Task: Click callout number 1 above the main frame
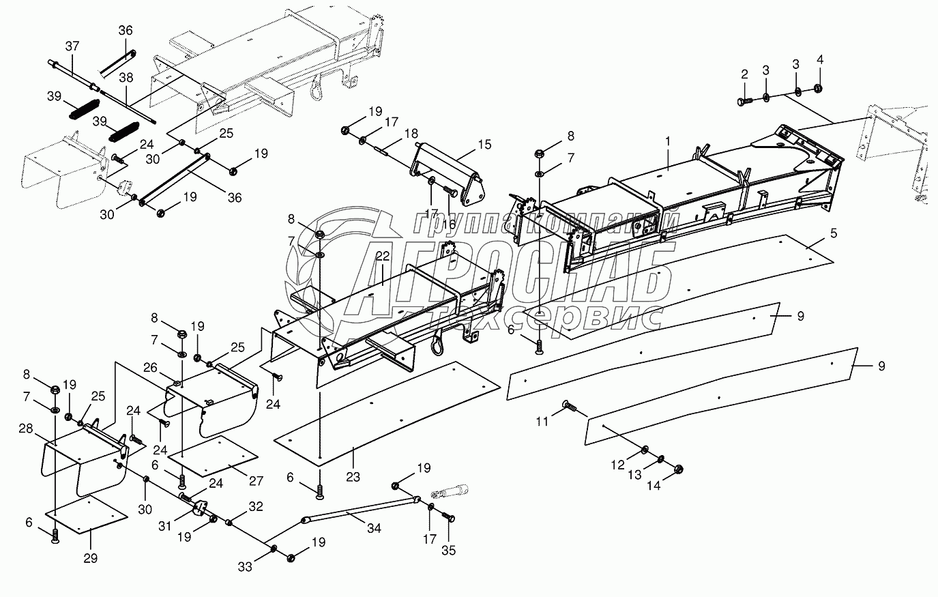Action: click(x=669, y=141)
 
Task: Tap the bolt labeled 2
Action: click(x=743, y=102)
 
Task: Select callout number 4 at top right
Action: click(x=820, y=59)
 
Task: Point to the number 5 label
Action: click(x=833, y=232)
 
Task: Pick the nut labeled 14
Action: click(x=678, y=469)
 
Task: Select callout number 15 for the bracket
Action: click(x=484, y=145)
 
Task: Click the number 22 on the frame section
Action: click(x=381, y=256)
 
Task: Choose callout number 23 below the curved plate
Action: click(x=352, y=478)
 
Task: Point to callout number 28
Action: click(x=26, y=428)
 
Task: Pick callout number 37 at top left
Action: click(x=72, y=46)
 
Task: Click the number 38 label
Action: click(x=126, y=78)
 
